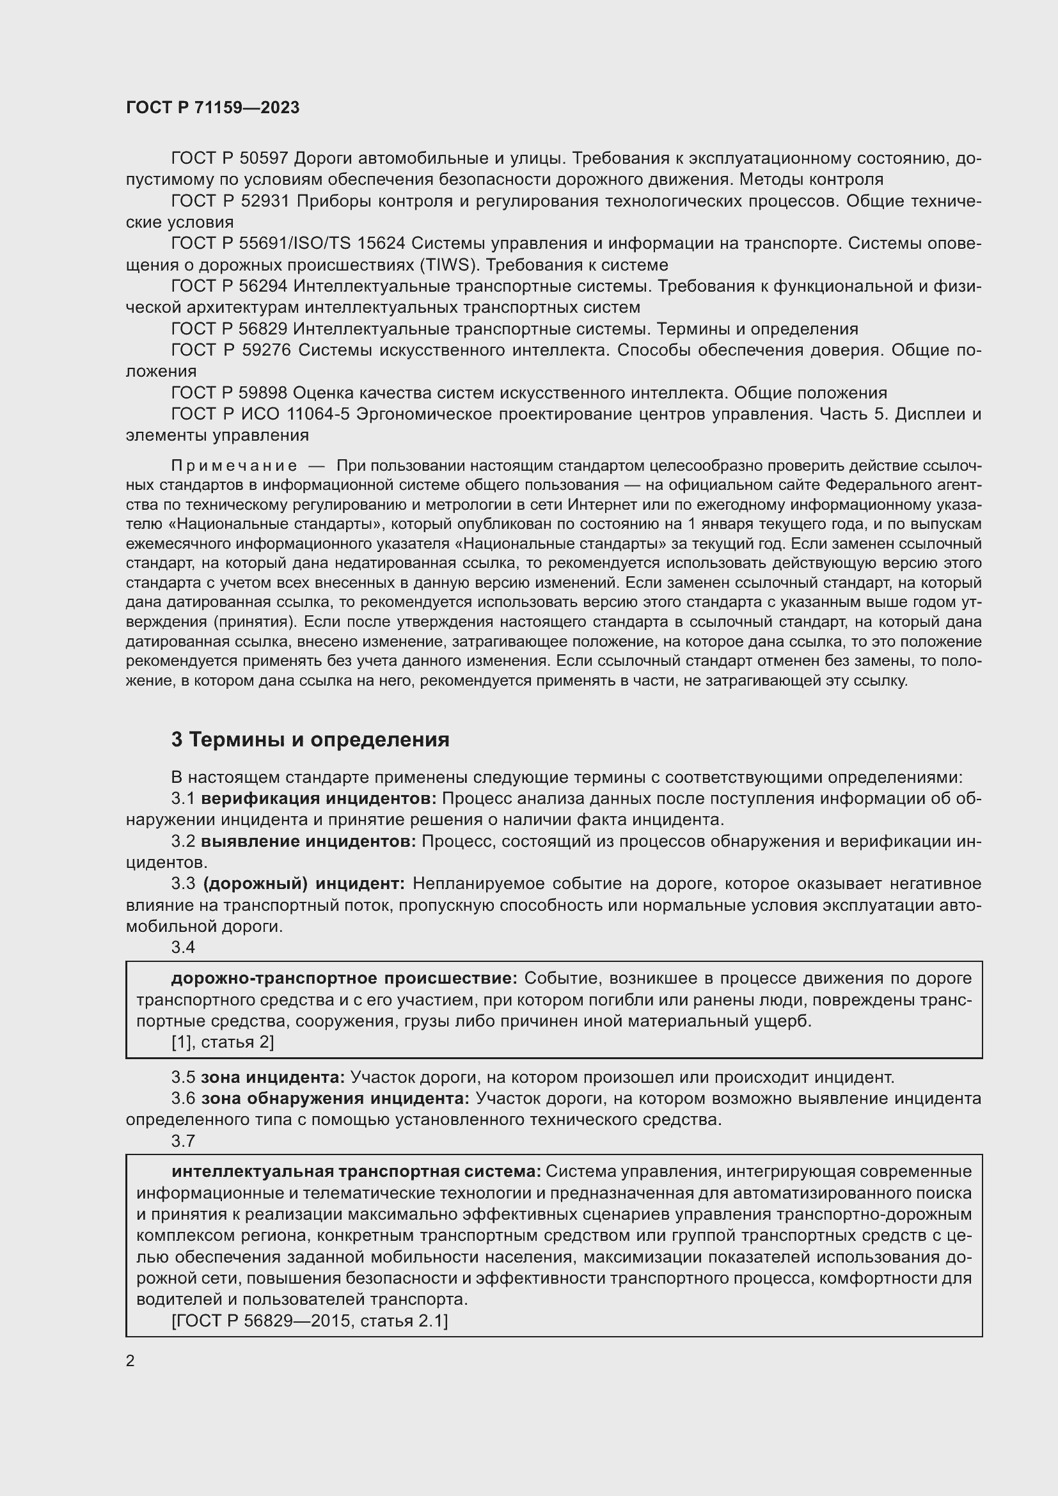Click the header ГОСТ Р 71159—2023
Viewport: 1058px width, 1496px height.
212,107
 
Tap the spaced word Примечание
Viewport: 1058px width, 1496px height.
234,466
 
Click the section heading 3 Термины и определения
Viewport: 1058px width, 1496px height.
310,739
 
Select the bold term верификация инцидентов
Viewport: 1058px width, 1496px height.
319,799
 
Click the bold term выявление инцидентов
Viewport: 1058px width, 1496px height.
308,842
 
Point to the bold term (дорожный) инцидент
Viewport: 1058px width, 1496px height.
304,884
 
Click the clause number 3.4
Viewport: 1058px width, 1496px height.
183,947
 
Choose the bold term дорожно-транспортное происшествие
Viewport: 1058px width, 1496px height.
344,979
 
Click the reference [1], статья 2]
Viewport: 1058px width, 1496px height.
222,1043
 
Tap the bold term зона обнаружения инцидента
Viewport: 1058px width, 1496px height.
335,1099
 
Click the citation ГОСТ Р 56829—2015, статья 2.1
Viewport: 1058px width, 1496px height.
310,1321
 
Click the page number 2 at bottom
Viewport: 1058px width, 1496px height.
130,1361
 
